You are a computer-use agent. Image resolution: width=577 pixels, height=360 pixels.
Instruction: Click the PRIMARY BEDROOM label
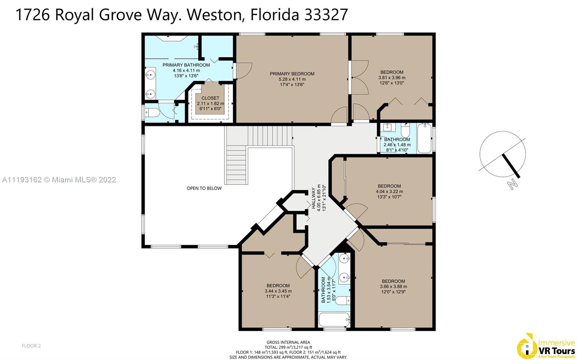tap(292, 74)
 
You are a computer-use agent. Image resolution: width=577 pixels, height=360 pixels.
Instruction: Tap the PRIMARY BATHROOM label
tap(186, 65)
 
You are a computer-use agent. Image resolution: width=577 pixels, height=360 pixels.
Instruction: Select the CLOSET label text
tap(210, 98)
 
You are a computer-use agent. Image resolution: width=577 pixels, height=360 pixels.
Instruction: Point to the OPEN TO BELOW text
tap(204, 188)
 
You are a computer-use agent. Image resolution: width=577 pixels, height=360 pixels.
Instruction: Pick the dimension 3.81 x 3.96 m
tap(392, 77)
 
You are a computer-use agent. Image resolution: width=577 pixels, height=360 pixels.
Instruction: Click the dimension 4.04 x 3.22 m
tap(389, 191)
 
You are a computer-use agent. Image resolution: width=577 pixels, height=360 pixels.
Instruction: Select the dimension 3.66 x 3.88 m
tap(393, 286)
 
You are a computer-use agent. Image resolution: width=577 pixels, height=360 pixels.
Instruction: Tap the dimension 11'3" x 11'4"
tap(278, 297)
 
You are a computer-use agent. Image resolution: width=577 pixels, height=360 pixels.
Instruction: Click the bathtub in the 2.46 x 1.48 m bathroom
tap(424, 138)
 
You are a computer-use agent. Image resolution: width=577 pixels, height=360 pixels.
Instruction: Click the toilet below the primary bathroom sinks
tap(152, 113)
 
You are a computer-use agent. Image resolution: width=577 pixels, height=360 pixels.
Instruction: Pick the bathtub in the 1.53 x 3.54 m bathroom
tap(334, 320)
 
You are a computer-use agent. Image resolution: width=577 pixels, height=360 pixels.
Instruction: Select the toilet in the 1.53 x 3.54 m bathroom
tap(343, 300)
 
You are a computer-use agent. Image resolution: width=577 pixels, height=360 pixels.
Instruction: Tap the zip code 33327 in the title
tap(326, 14)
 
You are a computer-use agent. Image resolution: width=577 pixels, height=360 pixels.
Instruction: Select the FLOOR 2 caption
tap(31, 346)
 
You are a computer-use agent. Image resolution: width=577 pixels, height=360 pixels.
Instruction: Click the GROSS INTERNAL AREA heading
tap(288, 342)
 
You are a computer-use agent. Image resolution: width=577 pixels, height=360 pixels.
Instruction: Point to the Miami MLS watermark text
tap(59, 179)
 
